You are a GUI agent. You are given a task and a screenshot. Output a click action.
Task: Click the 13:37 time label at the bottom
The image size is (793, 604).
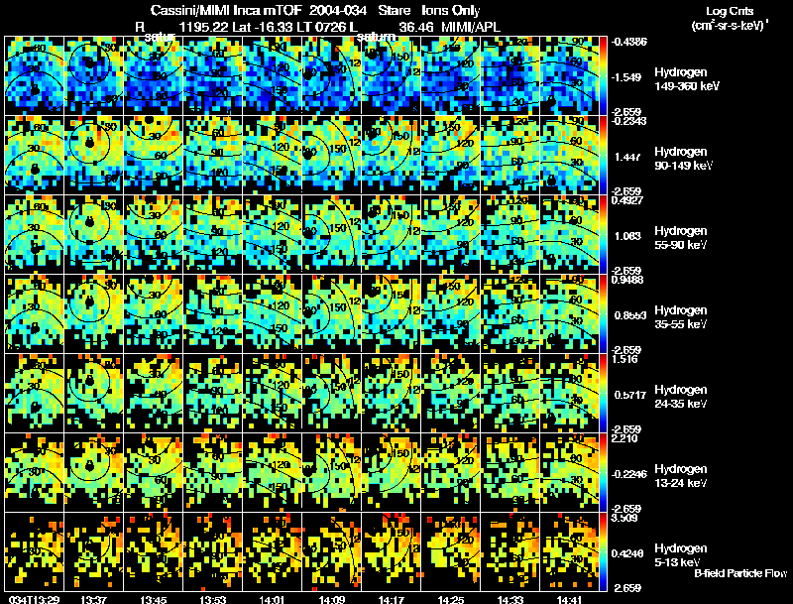pos(95,599)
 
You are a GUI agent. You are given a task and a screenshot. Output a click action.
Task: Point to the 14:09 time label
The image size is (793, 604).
pos(333,599)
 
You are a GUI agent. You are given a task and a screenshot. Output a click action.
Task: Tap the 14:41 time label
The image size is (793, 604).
pos(571,599)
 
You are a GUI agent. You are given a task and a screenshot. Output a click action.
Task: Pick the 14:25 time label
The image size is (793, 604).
pos(452,599)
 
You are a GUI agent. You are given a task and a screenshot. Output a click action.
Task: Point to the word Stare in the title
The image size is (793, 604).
pos(395,9)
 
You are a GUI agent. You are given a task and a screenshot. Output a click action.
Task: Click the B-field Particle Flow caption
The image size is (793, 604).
pos(740,574)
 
